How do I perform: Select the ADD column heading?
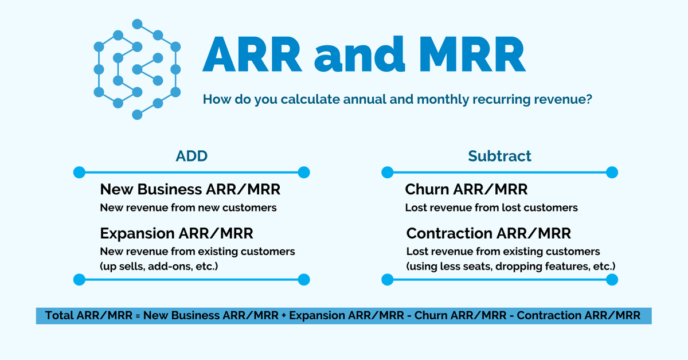coord(191,156)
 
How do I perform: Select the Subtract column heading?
coord(499,156)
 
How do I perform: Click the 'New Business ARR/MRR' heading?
coord(190,189)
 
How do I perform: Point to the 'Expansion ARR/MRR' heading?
coord(177,233)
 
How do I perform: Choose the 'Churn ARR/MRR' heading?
coord(466,189)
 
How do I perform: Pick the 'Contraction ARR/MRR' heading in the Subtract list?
coord(488,233)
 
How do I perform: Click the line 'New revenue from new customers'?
coord(188,208)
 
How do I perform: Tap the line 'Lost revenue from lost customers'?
coord(491,208)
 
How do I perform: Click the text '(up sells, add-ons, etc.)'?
coord(160,267)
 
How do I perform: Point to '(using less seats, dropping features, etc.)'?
coord(511,267)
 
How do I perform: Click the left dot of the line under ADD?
coord(79,172)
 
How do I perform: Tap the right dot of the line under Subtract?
coord(612,172)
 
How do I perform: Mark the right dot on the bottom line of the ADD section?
coord(304,280)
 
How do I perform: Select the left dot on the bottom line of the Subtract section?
coord(388,280)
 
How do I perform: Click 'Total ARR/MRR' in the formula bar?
coord(91,315)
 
